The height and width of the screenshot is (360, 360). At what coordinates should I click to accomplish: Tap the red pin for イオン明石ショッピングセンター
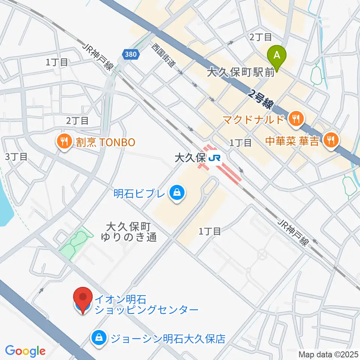(82, 298)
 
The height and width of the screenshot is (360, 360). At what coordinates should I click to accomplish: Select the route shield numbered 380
(131, 55)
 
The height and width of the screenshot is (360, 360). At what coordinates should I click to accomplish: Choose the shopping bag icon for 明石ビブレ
(175, 193)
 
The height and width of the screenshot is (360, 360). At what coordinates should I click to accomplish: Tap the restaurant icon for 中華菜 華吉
(331, 141)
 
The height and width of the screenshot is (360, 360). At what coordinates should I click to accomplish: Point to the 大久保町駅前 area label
(240, 72)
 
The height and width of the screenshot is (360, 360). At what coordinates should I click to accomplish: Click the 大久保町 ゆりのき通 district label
(129, 232)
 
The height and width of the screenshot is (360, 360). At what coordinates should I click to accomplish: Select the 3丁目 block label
(16, 156)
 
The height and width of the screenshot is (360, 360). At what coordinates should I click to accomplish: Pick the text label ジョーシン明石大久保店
(167, 339)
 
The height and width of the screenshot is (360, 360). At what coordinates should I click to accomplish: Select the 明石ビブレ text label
(139, 194)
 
